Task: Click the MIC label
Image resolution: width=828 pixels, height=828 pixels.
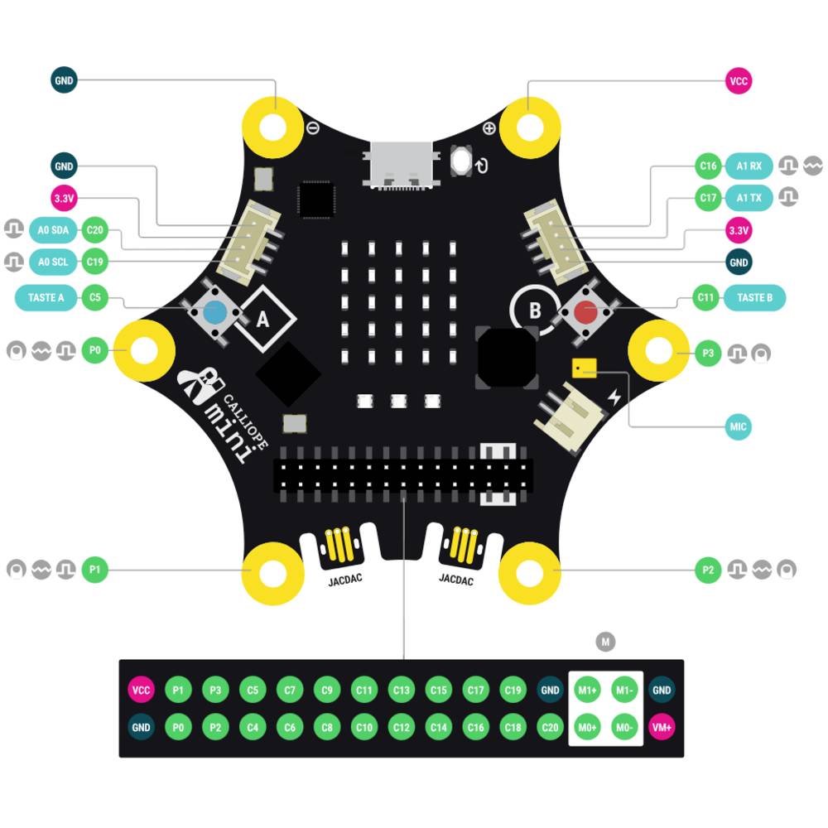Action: coord(738,427)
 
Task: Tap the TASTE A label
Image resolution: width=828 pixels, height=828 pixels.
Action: coord(46,297)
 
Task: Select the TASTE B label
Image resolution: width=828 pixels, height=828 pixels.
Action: coord(754,297)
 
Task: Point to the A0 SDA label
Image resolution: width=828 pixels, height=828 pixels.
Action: coord(54,231)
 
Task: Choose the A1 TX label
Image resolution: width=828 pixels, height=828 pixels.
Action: coord(749,198)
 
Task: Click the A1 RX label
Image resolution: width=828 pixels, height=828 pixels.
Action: coord(749,166)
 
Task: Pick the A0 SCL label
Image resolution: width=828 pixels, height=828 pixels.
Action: coord(54,262)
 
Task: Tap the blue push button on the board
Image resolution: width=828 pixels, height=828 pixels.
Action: coord(215,312)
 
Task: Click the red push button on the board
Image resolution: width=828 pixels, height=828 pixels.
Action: coord(586,312)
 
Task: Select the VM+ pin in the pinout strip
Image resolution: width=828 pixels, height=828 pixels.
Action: coord(662,727)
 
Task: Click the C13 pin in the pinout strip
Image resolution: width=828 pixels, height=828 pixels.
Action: coord(402,690)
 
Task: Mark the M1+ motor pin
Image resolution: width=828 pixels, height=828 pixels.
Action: coord(588,690)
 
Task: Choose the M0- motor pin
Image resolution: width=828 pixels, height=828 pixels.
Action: coord(624,727)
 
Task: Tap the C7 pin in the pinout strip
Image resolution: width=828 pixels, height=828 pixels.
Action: coord(290,690)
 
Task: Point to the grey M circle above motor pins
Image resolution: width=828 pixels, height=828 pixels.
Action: coord(606,642)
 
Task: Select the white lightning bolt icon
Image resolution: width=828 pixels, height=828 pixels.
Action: coord(614,398)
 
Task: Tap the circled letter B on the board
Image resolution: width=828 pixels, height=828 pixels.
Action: coord(535,310)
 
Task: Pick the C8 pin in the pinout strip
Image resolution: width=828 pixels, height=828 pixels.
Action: coord(327,727)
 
